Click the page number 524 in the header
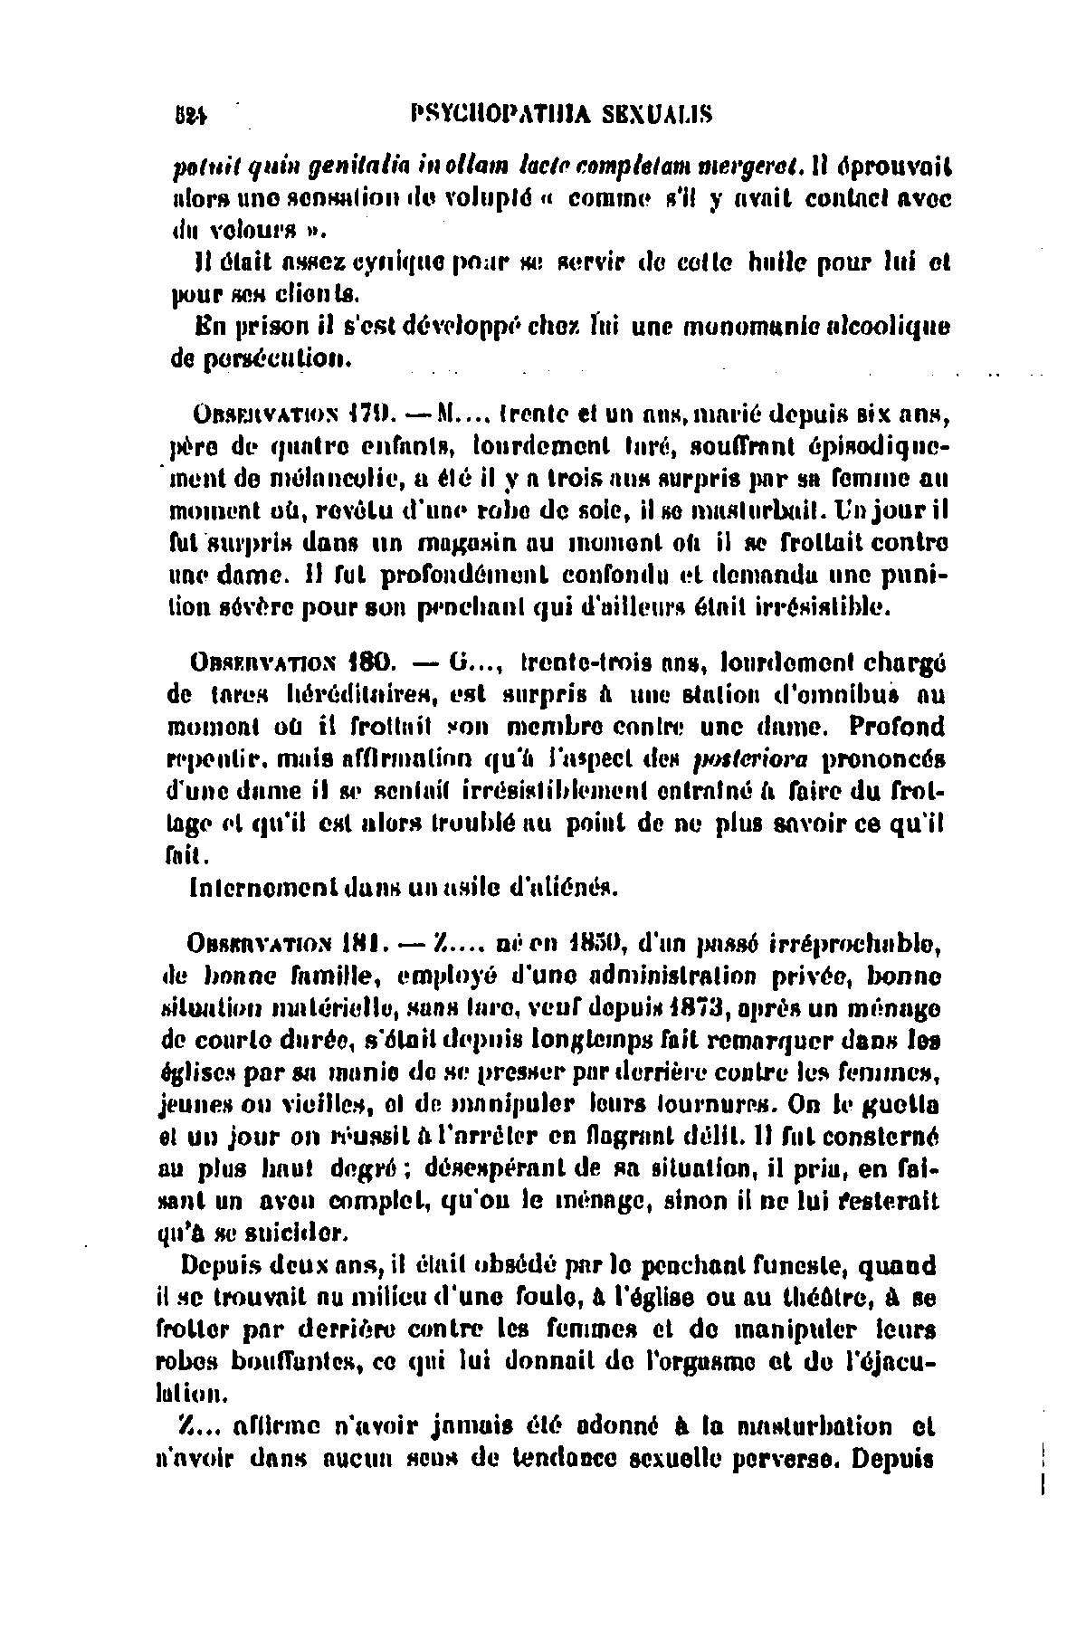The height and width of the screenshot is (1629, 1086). click(190, 114)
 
